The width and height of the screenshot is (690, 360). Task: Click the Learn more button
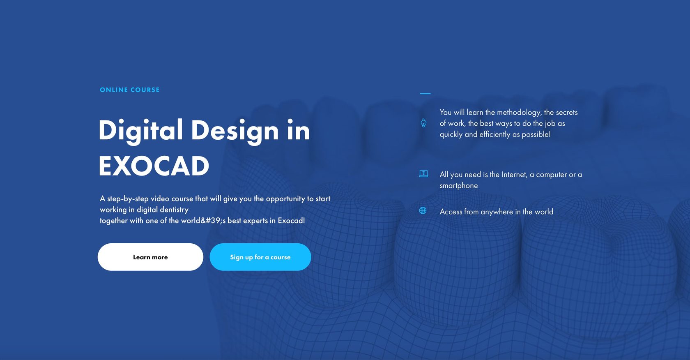(x=150, y=257)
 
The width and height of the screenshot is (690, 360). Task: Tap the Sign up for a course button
(x=260, y=257)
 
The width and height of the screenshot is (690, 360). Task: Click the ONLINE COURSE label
(x=130, y=90)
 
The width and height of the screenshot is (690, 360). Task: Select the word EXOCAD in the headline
(x=154, y=166)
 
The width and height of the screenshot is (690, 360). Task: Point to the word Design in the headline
(x=235, y=131)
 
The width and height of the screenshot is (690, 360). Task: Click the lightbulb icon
(x=423, y=123)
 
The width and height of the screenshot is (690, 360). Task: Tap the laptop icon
(x=423, y=174)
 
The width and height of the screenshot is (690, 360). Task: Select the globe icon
(x=423, y=211)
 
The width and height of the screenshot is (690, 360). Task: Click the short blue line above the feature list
(x=425, y=94)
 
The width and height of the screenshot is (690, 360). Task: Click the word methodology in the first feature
(x=519, y=113)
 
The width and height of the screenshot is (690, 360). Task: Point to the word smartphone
(x=459, y=186)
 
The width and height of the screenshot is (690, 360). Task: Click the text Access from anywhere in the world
(x=496, y=212)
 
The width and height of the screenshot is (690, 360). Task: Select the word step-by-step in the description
(x=128, y=199)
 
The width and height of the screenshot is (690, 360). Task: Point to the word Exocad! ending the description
(x=291, y=221)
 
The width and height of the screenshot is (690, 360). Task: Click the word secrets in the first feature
(x=566, y=113)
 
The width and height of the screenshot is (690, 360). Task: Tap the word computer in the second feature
(x=551, y=175)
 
